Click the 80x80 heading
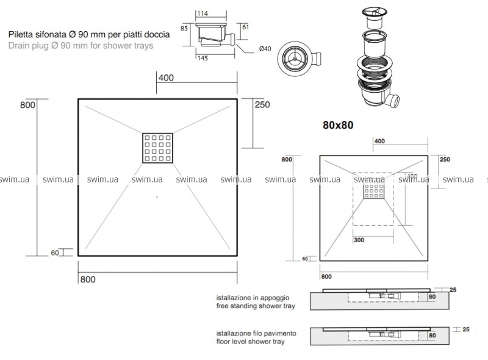(339, 125)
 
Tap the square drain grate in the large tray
(159, 147)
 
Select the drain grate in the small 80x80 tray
(373, 193)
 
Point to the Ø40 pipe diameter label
(265, 49)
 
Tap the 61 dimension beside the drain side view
(246, 27)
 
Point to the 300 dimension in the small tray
(359, 240)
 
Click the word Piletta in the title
(23, 35)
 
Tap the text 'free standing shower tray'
(256, 306)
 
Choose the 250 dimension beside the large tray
(261, 104)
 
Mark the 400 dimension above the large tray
(167, 78)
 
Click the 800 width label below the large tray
(88, 279)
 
